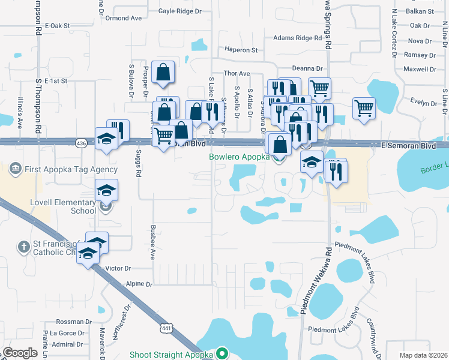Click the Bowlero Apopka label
[239, 157]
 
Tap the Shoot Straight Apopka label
[171, 355]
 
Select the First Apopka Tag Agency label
[71, 170]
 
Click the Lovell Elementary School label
[63, 206]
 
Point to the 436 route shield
[81, 143]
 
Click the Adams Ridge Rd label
[298, 38]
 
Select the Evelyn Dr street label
[424, 103]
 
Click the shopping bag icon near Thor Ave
[163, 73]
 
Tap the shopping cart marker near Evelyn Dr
[363, 109]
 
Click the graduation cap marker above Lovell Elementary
[106, 191]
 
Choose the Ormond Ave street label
[123, 18]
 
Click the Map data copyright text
[423, 355]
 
